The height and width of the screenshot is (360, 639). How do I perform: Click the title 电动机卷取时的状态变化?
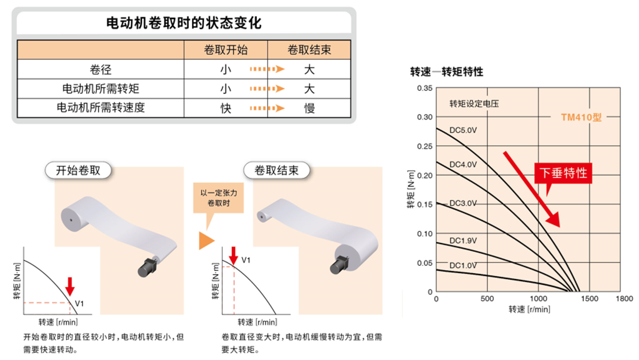pos(184,23)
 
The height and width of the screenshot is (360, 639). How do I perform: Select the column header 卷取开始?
pos(225,50)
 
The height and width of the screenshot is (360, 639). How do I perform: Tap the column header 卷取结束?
pos(309,50)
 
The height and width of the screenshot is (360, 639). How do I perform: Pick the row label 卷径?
pos(100,69)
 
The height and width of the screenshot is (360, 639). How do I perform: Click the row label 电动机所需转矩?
pos(100,89)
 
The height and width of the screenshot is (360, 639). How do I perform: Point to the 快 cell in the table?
pos(225,108)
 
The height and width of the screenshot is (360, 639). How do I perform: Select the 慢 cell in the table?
pos(309,108)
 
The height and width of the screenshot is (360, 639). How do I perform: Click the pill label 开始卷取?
pos(78,171)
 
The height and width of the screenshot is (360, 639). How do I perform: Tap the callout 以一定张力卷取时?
pos(219,198)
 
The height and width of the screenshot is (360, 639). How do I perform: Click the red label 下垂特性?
pos(563,173)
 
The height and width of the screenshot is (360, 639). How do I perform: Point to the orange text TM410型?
pos(581,117)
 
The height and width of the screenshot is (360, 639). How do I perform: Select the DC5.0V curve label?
pos(463,130)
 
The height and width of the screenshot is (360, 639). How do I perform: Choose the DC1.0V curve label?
pos(463,265)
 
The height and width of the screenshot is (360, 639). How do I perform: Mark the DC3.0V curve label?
pos(463,203)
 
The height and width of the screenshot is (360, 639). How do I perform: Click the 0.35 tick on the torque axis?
pos(425,88)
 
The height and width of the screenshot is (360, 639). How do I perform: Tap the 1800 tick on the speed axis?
pos(624,299)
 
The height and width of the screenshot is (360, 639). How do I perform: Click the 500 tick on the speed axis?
pos(487,299)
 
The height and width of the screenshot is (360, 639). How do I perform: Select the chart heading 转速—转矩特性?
pos(447,71)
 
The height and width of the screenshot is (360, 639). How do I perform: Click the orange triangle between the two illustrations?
pos(206,241)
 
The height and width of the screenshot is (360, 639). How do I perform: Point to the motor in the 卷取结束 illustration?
pos(339,265)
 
